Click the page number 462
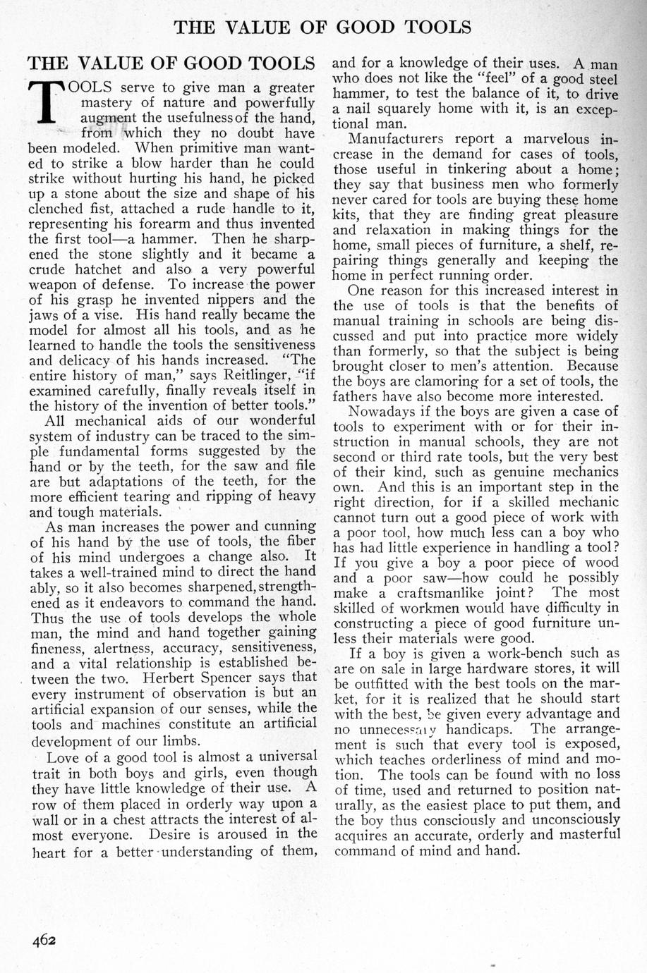tap(43, 941)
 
